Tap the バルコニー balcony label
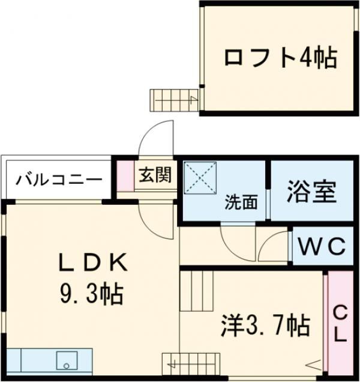click(58, 179)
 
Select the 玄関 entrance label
click(155, 175)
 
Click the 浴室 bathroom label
click(311, 193)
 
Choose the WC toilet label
click(322, 246)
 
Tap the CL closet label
click(340, 324)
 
